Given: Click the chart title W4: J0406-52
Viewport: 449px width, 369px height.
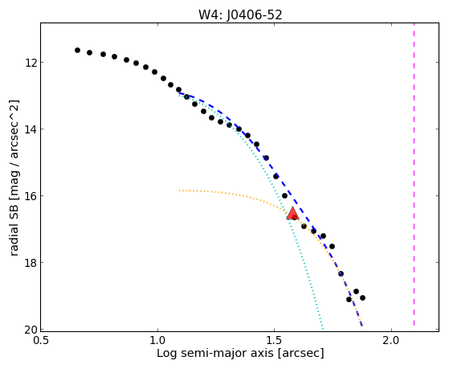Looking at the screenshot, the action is pos(240,14).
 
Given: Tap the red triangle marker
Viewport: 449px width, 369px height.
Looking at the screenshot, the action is pos(292,213).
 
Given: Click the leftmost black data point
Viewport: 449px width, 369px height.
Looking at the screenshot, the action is pos(77,50).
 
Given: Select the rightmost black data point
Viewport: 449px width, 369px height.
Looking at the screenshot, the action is pos(362,298).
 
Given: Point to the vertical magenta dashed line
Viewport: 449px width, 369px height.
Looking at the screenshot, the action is pos(414,174).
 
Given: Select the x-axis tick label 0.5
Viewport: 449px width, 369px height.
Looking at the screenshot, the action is pos(41,340).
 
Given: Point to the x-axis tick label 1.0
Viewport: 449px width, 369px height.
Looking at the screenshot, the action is pos(157,340).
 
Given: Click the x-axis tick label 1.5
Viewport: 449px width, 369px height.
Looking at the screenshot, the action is pos(275,340).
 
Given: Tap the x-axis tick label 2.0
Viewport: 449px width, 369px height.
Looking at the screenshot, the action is pos(391,340).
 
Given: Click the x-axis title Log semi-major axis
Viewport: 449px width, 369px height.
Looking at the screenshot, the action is pos(215,353).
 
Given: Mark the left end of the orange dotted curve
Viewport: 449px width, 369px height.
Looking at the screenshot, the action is pos(179,191).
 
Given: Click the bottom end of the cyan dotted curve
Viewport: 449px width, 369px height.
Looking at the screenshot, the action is pos(323,329).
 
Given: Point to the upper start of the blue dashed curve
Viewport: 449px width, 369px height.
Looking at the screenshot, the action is pos(180,93).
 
